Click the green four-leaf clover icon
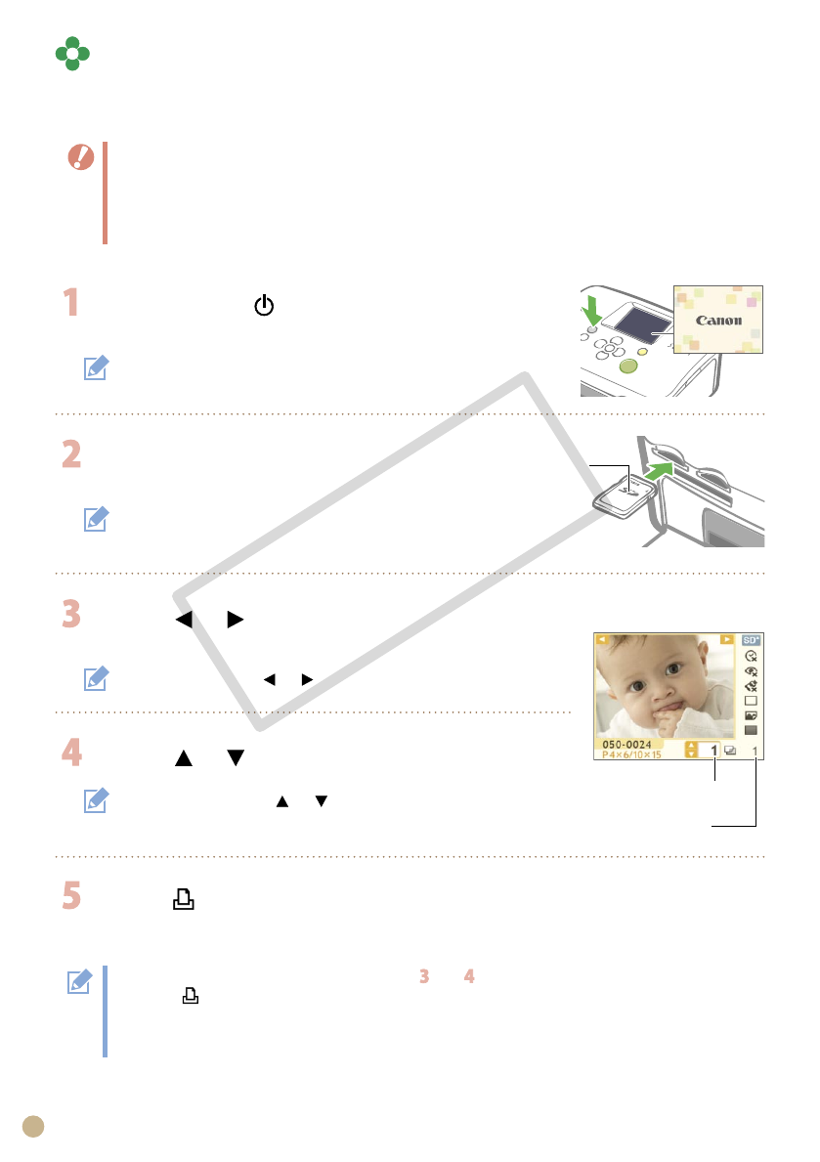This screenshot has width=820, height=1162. tap(72, 54)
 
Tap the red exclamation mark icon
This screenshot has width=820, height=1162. tap(81, 157)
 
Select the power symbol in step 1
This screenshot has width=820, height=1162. tap(264, 305)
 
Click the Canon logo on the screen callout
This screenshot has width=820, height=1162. tap(718, 321)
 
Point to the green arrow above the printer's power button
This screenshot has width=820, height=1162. tap(591, 309)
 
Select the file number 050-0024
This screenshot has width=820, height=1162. tap(626, 745)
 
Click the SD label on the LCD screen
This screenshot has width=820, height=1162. tap(751, 639)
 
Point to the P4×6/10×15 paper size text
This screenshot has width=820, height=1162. tap(631, 754)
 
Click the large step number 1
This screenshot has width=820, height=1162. tap(70, 302)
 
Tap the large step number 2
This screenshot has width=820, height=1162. tap(71, 453)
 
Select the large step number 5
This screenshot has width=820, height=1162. tap(71, 895)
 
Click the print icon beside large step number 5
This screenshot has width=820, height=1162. tap(183, 899)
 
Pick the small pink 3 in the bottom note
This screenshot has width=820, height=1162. tap(424, 976)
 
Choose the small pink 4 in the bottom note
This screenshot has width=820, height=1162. tap(468, 976)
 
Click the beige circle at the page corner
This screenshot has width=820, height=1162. tap(33, 1127)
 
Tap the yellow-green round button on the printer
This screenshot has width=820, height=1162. tap(628, 366)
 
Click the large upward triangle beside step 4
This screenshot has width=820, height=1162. tap(183, 758)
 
